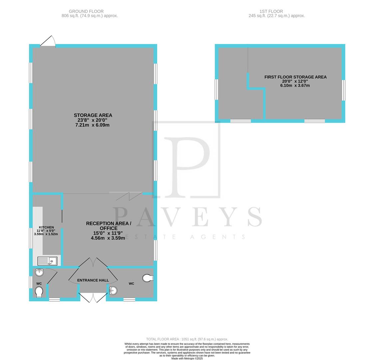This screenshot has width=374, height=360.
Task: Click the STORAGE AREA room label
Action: click(x=93, y=115)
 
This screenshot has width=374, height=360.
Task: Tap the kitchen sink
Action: click(x=48, y=261)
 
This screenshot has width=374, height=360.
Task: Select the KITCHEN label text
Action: click(x=46, y=227)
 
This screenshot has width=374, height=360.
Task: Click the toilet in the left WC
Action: click(x=39, y=292)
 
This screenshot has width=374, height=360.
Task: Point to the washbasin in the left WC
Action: click(x=39, y=272)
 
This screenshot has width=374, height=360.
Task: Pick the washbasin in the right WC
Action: click(x=113, y=291)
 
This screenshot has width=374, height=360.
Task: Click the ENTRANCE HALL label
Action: click(x=93, y=280)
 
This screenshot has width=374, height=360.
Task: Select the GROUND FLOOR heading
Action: click(x=86, y=11)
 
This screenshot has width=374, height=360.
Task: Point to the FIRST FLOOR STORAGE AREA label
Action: click(x=295, y=77)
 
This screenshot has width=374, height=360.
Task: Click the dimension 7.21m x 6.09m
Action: click(x=93, y=125)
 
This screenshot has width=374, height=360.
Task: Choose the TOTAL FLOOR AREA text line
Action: click(x=187, y=339)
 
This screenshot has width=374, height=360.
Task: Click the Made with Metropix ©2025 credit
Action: click(x=187, y=358)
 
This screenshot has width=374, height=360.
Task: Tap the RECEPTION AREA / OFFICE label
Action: click(x=109, y=226)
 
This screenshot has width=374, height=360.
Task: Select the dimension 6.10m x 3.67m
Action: click(x=295, y=85)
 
